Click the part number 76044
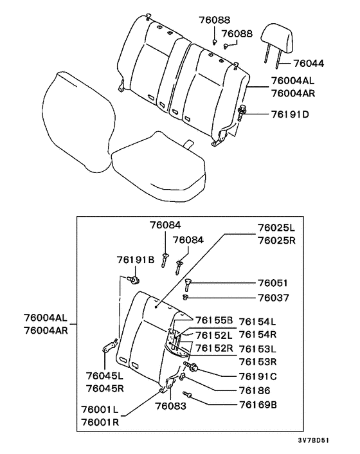pyautogui.click(x=309, y=64)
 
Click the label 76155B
pyautogui.click(x=214, y=321)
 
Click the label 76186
pyautogui.click(x=255, y=390)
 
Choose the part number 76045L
pyautogui.click(x=105, y=375)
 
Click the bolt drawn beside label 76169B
pyautogui.click(x=188, y=394)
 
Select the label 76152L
pyautogui.click(x=214, y=334)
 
